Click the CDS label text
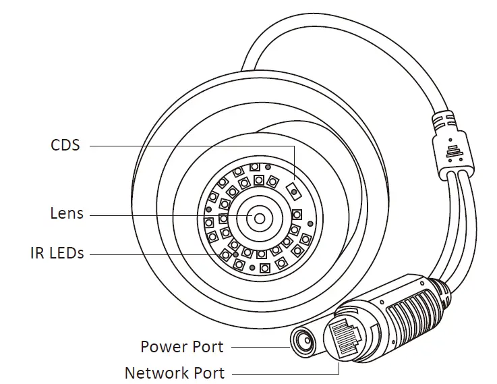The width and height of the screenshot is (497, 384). coord(65,144)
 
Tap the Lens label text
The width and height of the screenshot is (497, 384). coord(67,214)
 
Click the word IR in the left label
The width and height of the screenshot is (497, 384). coord(38,254)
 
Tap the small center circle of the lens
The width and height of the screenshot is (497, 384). coord(260,217)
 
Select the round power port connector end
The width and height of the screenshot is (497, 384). coord(303,341)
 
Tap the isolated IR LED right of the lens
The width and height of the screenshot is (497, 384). coord(296,215)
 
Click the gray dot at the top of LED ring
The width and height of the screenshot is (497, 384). coord(268,166)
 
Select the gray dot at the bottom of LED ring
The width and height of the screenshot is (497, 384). coord(251,268)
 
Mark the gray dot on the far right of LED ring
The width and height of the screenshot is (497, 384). coord(310,225)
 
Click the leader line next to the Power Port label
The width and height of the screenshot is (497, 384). coord(259,347)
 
